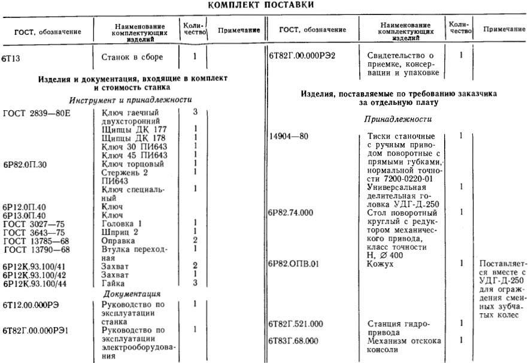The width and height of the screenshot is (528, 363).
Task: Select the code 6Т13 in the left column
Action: click(x=12, y=59)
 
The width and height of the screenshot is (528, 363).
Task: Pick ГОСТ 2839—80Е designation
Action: click(x=37, y=113)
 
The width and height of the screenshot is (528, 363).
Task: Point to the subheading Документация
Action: click(x=132, y=294)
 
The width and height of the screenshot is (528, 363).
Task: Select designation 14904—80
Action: click(x=290, y=137)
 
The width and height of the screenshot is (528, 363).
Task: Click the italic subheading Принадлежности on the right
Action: click(x=398, y=120)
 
